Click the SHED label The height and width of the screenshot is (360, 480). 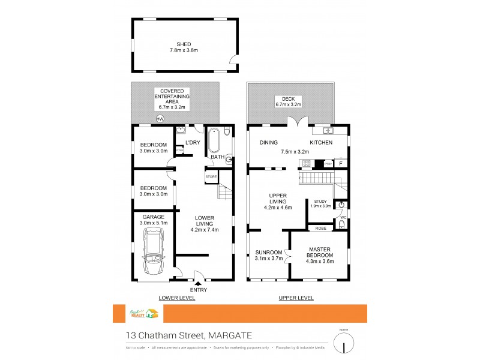point(184,44)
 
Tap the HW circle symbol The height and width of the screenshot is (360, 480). point(160,119)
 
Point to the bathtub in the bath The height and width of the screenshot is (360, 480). point(214,141)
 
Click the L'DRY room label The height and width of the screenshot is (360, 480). point(192,142)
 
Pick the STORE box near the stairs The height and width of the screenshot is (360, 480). point(211,176)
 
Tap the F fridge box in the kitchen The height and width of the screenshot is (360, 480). point(341,163)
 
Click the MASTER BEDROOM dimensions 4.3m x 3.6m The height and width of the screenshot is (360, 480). point(320,261)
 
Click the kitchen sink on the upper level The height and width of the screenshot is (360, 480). point(328,130)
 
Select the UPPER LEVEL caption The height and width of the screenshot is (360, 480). point(296,298)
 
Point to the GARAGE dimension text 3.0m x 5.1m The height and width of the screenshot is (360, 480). point(153,223)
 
